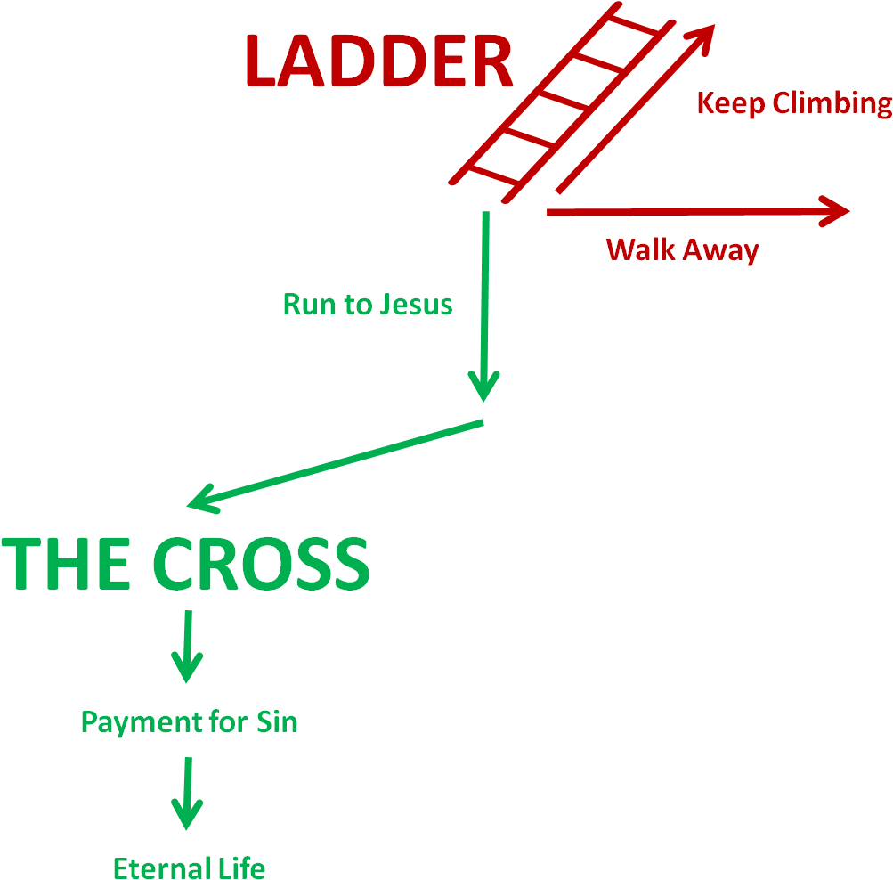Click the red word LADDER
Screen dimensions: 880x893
(x=378, y=62)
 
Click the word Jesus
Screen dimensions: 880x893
(x=416, y=305)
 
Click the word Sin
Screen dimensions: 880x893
(x=277, y=721)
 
